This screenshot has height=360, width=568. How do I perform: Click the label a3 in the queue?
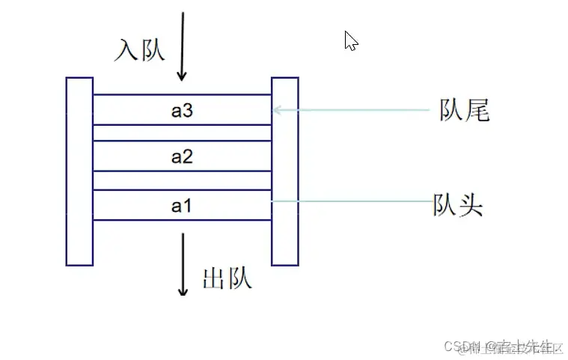(182, 111)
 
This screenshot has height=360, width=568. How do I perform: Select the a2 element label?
(182, 157)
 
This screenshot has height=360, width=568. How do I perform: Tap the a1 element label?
(182, 204)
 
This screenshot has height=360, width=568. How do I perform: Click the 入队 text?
(139, 50)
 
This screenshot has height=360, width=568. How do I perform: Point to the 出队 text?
(227, 278)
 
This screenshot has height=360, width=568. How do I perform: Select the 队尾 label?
(464, 111)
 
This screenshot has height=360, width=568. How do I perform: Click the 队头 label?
(458, 204)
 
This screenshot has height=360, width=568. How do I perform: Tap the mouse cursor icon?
(350, 40)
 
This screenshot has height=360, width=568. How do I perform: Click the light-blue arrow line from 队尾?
(352, 110)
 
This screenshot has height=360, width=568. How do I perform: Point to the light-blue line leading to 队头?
(352, 201)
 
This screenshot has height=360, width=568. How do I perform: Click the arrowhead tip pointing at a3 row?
(275, 110)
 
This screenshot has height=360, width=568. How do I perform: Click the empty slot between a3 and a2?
(182, 132)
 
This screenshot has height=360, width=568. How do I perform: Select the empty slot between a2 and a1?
(182, 180)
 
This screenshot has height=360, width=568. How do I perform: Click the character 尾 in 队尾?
(476, 111)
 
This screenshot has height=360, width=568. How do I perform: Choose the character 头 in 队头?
(470, 204)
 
